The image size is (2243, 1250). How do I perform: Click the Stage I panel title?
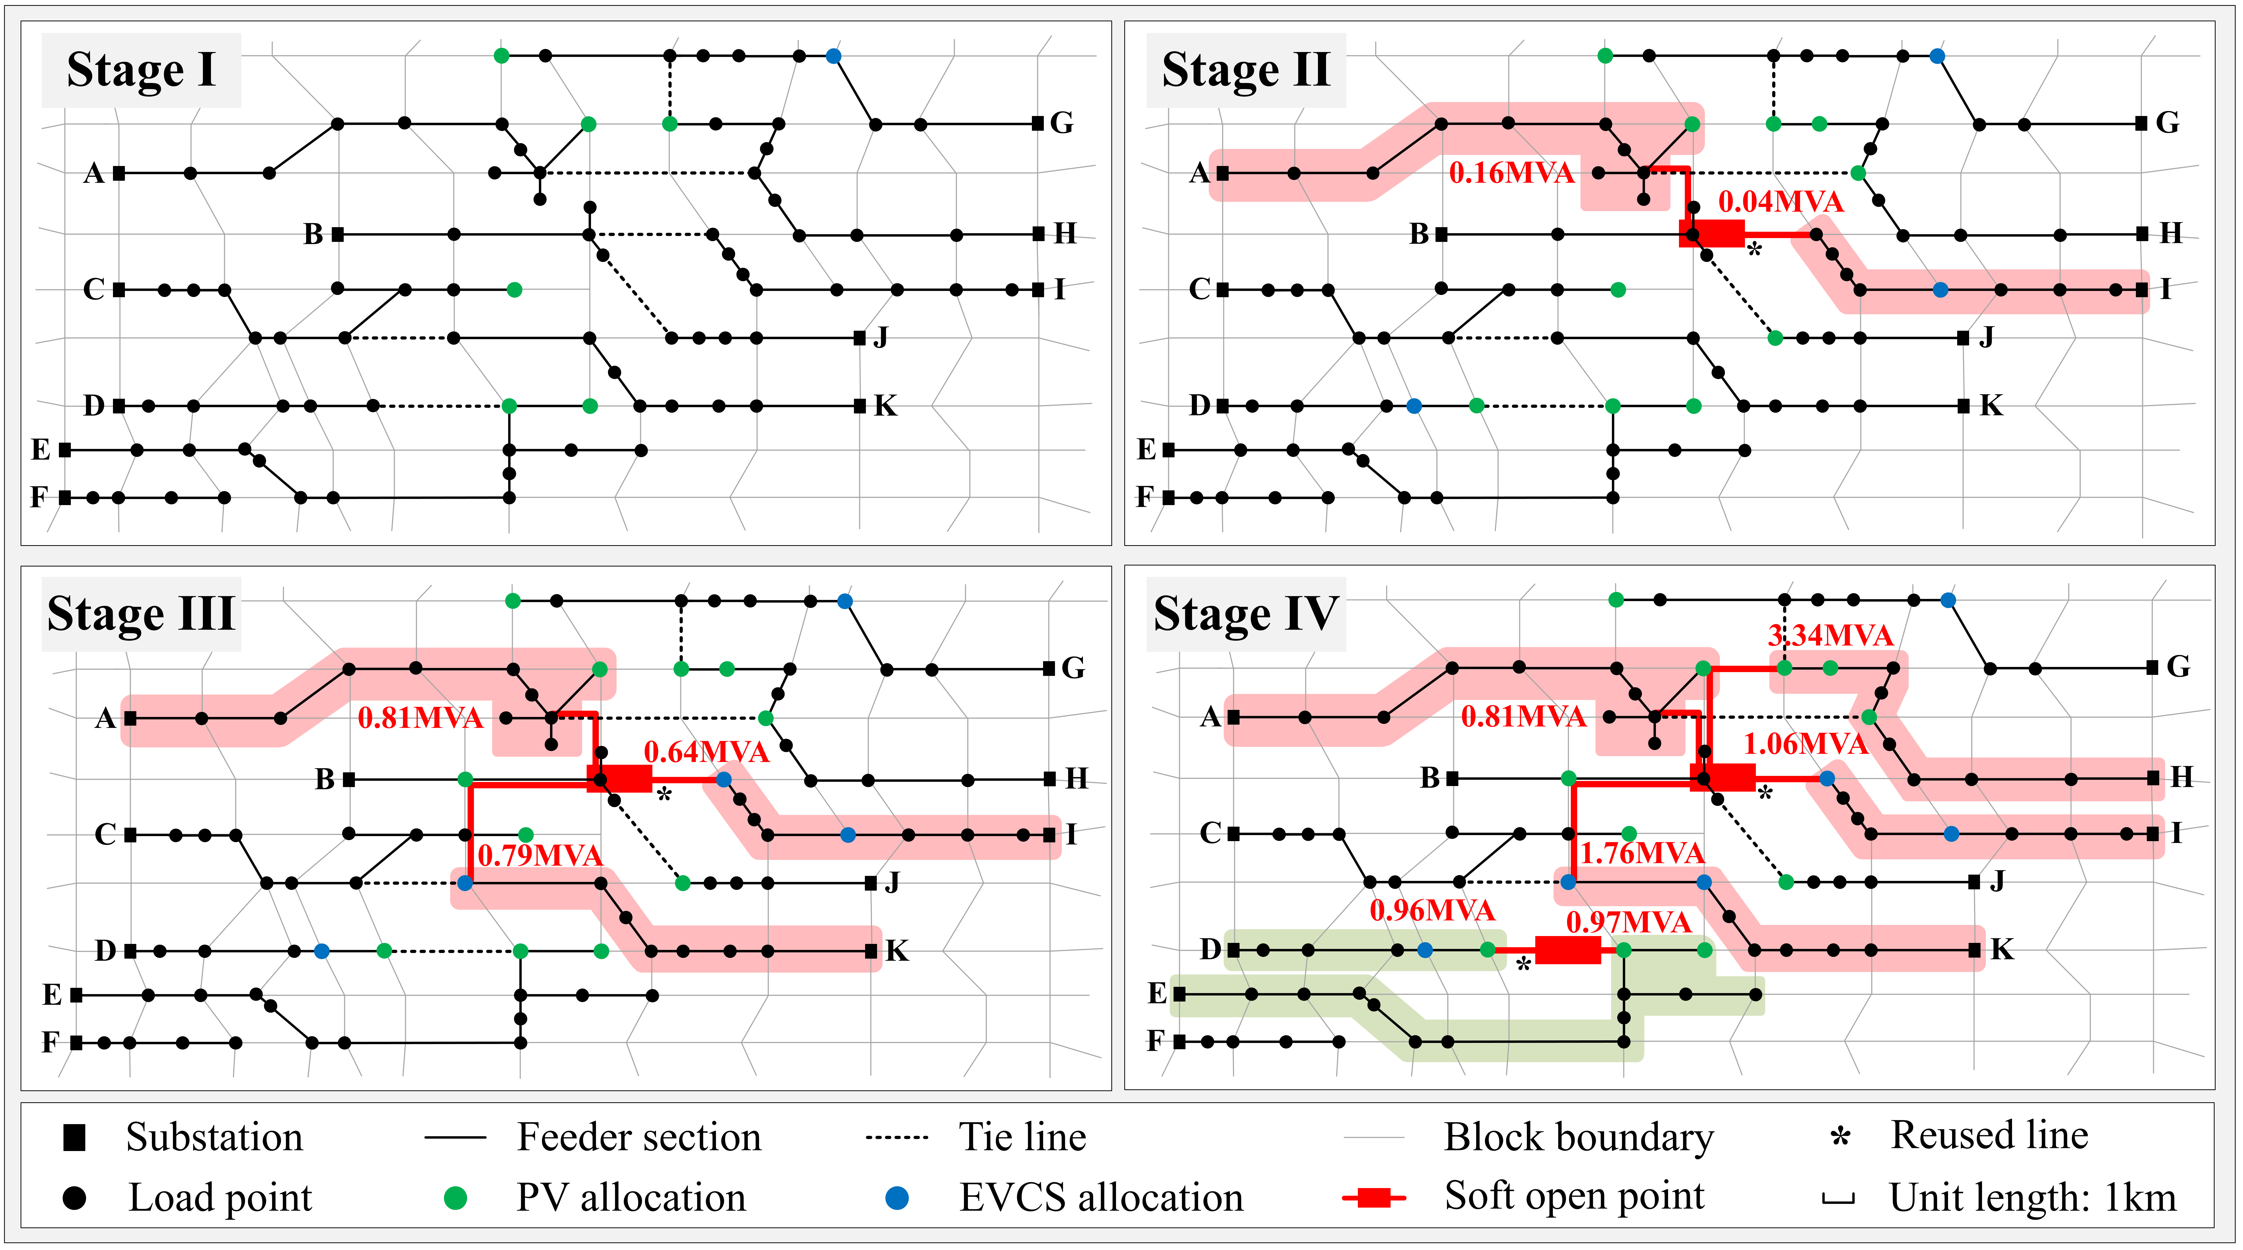pos(141,70)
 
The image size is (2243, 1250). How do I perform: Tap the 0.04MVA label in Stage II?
pos(1781,202)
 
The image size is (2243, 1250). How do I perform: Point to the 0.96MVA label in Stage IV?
pos(1432,910)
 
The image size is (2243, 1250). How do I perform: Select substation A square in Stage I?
pos(119,173)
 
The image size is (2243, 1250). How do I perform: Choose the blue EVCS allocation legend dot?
pos(897,1199)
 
